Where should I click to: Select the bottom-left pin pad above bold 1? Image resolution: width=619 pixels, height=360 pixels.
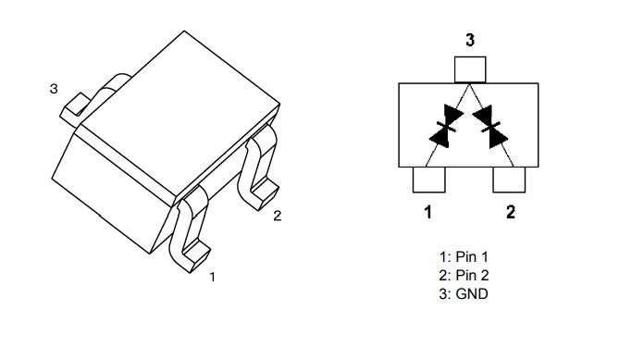[x=428, y=180]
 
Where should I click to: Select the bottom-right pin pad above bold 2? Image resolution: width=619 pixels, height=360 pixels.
[x=510, y=180]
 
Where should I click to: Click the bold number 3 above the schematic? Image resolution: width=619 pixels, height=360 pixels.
[x=470, y=41]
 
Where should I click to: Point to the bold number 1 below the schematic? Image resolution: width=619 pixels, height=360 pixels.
[x=427, y=212]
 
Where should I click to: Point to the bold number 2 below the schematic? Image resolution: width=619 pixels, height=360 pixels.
[x=511, y=212]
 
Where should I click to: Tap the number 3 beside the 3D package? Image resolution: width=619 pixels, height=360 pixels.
[x=54, y=90]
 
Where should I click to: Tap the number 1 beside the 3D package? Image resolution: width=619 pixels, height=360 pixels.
[x=213, y=276]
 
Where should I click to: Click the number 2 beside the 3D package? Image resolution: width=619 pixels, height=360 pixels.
[x=277, y=217]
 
